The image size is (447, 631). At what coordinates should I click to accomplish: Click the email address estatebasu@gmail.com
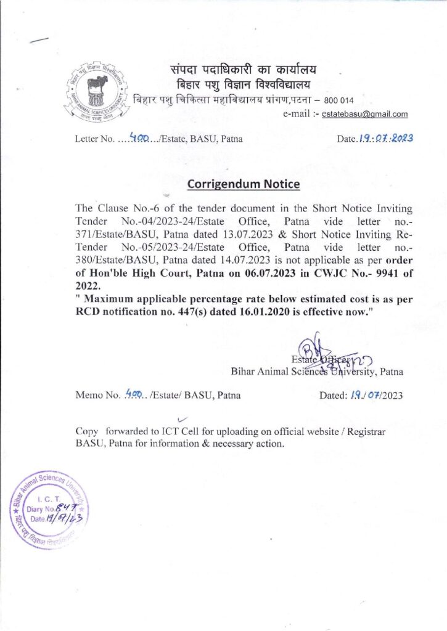click(369, 114)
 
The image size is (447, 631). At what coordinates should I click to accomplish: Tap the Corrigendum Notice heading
click(244, 184)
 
